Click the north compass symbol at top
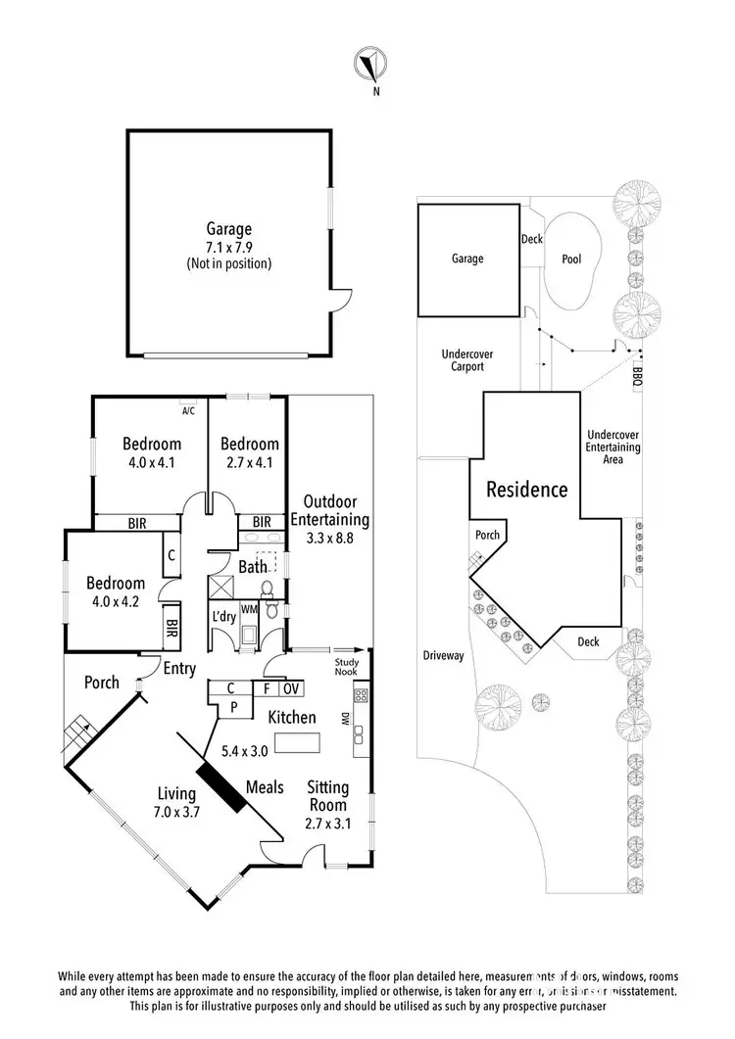click(x=369, y=66)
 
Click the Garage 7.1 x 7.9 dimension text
click(x=228, y=248)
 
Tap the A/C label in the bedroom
click(x=188, y=410)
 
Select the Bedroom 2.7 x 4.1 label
click(x=249, y=451)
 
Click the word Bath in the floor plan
click(x=252, y=566)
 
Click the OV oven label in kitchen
click(x=292, y=688)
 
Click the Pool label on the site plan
click(x=571, y=260)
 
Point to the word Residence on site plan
click(x=527, y=489)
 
